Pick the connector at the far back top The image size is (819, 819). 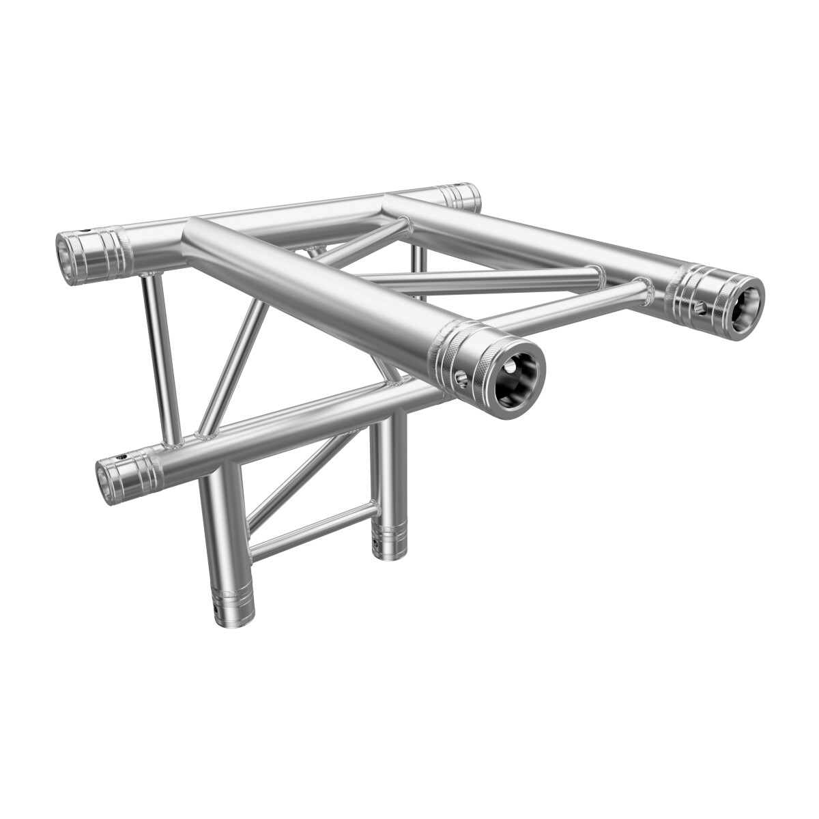click(x=461, y=198)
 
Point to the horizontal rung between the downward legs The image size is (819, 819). click(x=311, y=528)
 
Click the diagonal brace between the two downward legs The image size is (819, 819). click(x=300, y=471)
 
